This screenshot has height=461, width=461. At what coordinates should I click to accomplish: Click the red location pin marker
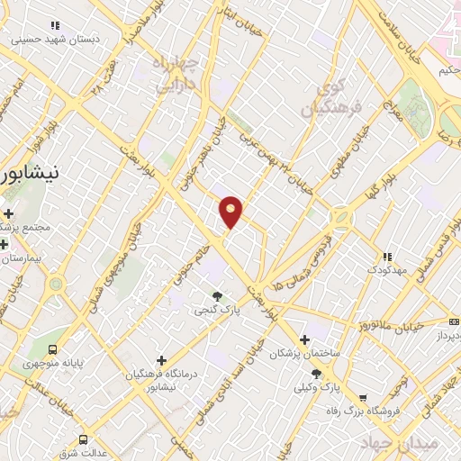(231, 212)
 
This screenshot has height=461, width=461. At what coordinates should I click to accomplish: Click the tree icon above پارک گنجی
(217, 295)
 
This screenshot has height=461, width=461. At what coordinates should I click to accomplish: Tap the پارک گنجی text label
(217, 310)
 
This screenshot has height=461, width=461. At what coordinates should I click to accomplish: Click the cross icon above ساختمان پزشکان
(304, 340)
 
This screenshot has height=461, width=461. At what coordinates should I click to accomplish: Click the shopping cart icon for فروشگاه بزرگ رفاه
(362, 398)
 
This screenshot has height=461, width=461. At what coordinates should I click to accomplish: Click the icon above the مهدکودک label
(387, 257)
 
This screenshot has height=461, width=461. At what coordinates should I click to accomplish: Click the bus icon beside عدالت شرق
(84, 439)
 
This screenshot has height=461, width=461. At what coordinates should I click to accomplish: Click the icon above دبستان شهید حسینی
(55, 26)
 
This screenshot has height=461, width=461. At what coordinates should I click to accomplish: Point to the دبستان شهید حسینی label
(55, 40)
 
